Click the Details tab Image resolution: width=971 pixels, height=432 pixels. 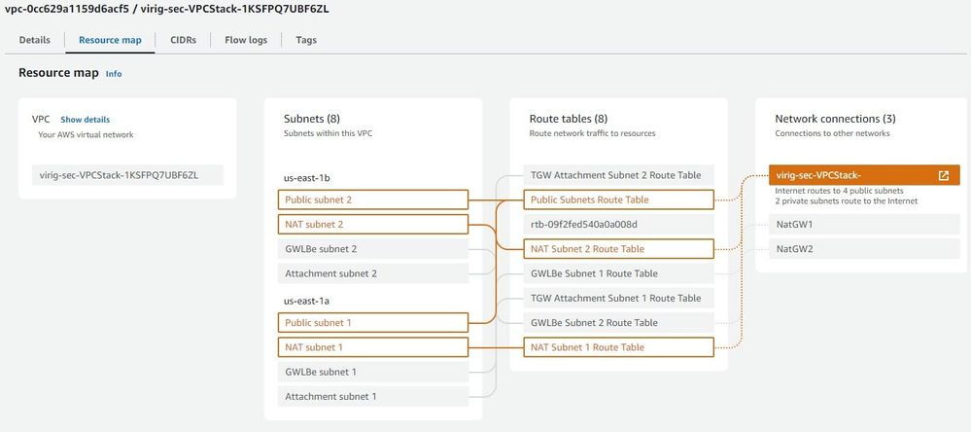[x=35, y=40]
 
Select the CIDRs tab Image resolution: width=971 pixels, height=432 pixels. [x=184, y=40]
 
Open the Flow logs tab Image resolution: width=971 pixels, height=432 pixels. [x=246, y=40]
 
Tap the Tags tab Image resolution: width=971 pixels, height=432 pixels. [x=306, y=40]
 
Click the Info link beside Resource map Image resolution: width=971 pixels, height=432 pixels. [x=114, y=74]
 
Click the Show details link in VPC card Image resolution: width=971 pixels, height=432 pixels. [x=85, y=120]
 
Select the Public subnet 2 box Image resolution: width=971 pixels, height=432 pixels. [x=373, y=199]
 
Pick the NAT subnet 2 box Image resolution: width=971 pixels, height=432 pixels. [x=373, y=225]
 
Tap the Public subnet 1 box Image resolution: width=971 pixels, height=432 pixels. [x=373, y=322]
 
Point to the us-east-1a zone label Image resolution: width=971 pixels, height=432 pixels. [x=306, y=301]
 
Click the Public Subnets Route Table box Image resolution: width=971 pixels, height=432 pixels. [x=618, y=199]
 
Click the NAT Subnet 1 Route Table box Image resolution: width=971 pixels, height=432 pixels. [x=618, y=347]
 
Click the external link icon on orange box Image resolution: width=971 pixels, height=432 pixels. [x=943, y=175]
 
